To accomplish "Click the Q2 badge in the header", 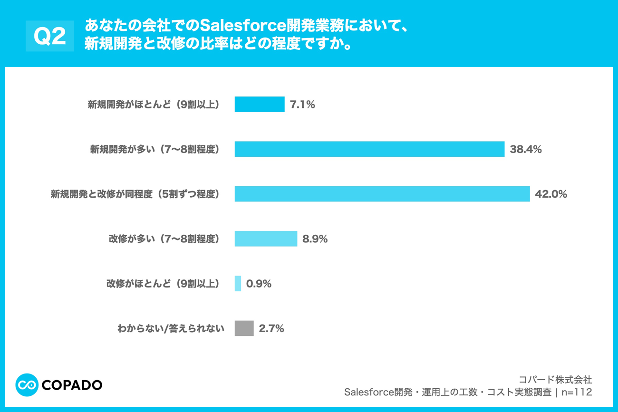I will [50, 36].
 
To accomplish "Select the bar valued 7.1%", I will [259, 105].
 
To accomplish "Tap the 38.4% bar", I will [369, 149].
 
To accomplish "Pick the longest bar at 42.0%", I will [382, 194].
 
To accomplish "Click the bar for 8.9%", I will [265, 239].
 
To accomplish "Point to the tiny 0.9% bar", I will [238, 284].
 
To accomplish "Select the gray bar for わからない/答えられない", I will [244, 328].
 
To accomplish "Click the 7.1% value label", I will [303, 105].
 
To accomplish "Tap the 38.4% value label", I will [526, 150].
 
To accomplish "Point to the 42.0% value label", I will [551, 194].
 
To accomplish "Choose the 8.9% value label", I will [315, 239].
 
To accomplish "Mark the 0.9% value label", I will [259, 284].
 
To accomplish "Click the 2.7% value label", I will [271, 329].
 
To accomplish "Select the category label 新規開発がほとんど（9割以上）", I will [154, 105].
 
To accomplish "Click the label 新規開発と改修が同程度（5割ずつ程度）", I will [136, 194].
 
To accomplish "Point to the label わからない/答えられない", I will [171, 329].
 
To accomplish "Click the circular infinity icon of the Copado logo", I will [27, 385].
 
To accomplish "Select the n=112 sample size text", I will [577, 393].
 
